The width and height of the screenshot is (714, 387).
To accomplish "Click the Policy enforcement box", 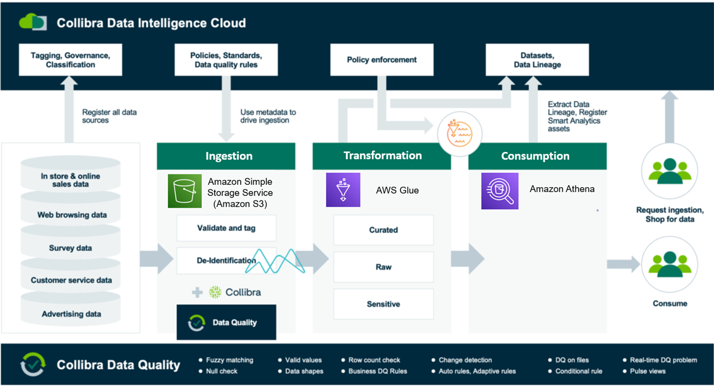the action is [381, 60].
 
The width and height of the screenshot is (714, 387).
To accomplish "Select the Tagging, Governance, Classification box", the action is [70, 60].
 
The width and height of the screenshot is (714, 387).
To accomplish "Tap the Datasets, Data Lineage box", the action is [537, 60].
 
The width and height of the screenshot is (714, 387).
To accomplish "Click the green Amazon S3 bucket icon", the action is [185, 191].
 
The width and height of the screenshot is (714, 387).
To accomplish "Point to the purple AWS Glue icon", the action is [343, 190].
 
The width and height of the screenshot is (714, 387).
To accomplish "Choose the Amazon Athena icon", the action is [500, 191].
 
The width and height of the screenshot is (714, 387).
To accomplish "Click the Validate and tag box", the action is [227, 228].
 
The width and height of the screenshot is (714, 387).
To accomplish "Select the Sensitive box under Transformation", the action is [384, 304].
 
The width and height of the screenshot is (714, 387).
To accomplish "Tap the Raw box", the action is [384, 267].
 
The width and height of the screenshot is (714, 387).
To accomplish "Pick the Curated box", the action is [384, 230].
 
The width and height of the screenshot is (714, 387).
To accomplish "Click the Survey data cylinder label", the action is [70, 248].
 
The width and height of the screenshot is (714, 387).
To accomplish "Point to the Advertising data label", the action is [71, 314].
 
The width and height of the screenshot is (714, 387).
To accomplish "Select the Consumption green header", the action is [537, 156].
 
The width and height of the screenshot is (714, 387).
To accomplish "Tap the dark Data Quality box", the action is [227, 322].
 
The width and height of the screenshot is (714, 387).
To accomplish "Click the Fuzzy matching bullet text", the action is [229, 360].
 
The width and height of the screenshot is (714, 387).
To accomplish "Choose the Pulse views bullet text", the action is [648, 371].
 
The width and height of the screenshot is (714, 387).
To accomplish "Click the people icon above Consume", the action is [670, 264].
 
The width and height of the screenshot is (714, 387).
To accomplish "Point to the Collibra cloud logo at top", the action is [33, 22].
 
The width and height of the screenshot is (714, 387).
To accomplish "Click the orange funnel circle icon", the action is [460, 134].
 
